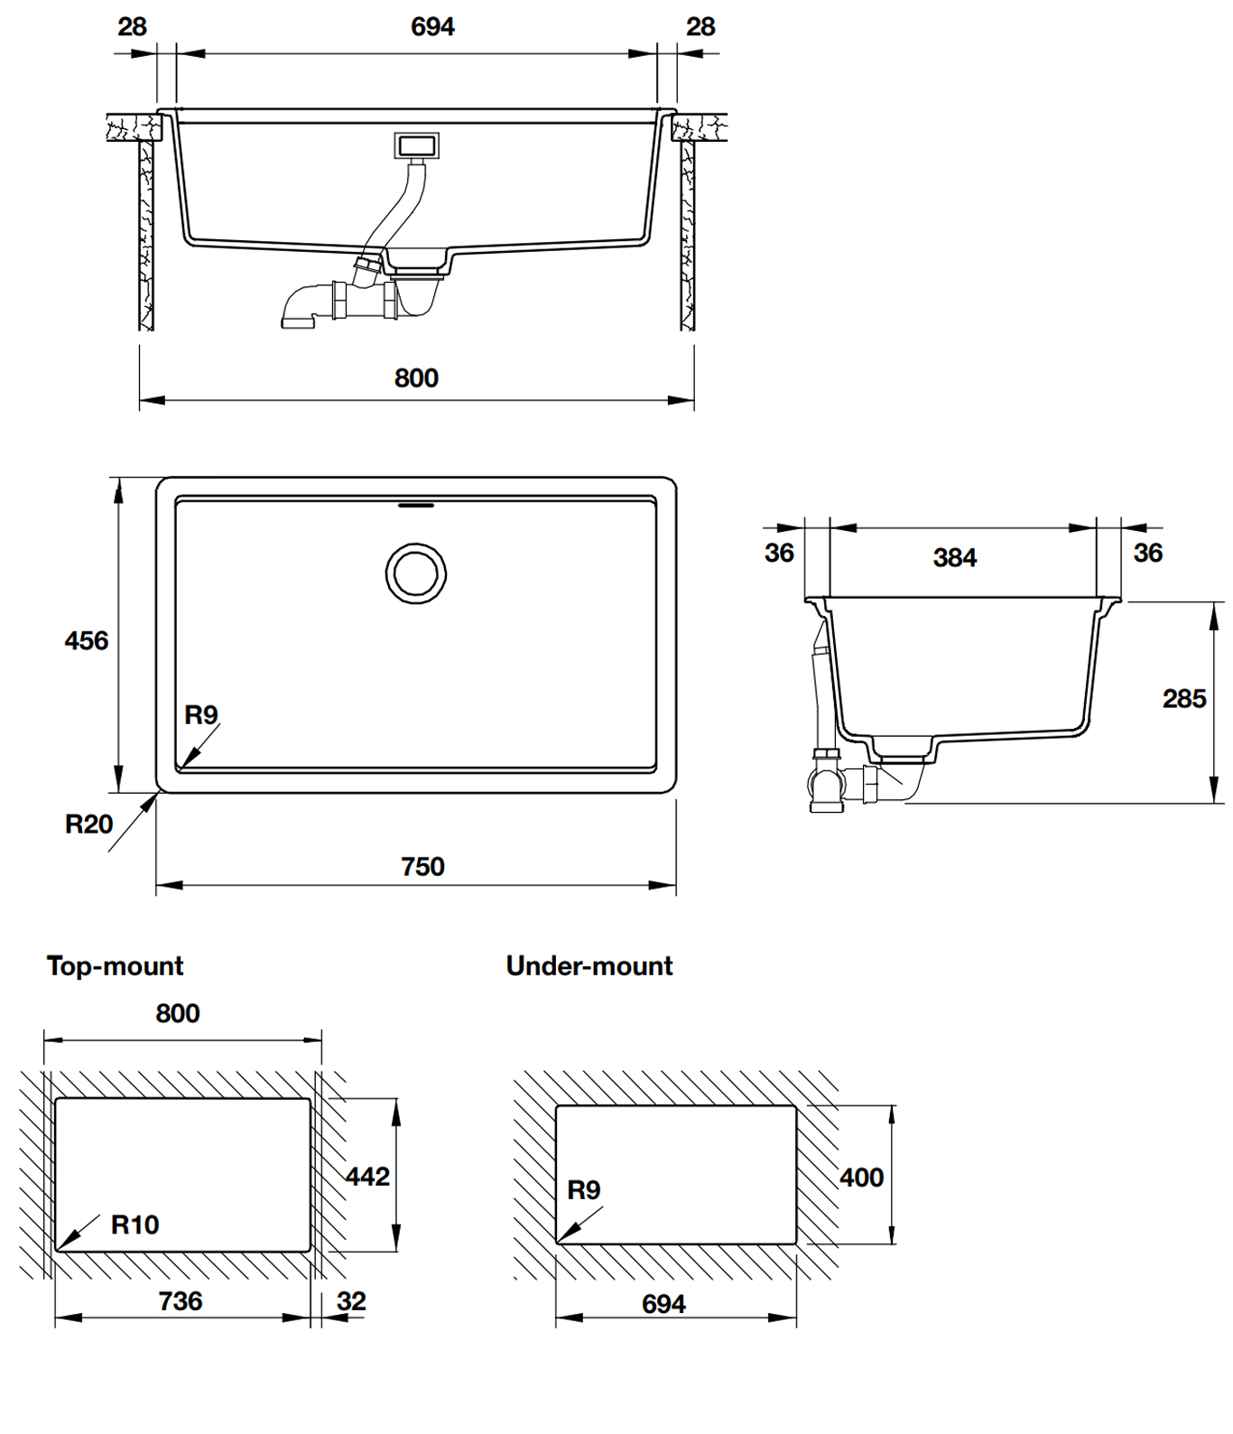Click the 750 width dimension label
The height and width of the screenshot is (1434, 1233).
422,867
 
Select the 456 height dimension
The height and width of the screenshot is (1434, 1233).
86,641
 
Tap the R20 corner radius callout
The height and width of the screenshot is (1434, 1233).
88,824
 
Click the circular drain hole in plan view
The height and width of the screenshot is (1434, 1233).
416,573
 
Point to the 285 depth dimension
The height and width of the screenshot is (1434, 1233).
1183,699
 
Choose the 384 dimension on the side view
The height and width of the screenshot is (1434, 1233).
954,558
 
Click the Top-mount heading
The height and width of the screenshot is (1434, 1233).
115,966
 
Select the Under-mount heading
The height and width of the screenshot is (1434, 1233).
589,966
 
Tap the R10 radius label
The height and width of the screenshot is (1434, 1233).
134,1225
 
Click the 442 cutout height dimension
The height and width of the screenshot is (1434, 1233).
367,1177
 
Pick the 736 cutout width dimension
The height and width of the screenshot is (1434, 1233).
181,1301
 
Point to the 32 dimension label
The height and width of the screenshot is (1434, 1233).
351,1301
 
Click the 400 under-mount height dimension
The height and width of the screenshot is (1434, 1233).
861,1178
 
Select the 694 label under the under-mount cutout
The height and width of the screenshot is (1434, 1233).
663,1304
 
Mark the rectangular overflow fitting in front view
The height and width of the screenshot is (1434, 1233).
416,144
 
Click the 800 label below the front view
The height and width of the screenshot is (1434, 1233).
416,378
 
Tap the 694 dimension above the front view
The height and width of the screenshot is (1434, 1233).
432,27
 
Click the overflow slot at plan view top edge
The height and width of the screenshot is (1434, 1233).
416,506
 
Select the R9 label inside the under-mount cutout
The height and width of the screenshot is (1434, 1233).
583,1190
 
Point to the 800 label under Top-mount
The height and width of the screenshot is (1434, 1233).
177,1014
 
